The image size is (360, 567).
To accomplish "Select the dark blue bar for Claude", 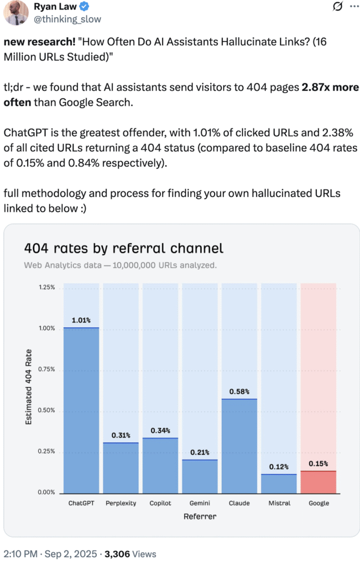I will pyautogui.click(x=239, y=446).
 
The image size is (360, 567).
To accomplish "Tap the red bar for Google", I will pyautogui.click(x=318, y=482).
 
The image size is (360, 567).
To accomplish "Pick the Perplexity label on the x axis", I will pyautogui.click(x=121, y=503).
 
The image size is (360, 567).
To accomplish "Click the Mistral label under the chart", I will pyautogui.click(x=279, y=503).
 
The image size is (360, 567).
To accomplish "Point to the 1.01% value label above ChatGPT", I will pyautogui.click(x=81, y=321).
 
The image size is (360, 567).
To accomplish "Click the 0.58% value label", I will pyautogui.click(x=239, y=392).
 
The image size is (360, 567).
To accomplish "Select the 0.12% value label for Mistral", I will pyautogui.click(x=279, y=467).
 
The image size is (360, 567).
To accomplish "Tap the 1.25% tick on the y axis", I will pyautogui.click(x=46, y=287).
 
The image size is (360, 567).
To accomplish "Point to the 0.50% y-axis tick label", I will pyautogui.click(x=46, y=410).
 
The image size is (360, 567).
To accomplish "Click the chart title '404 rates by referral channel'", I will pyautogui.click(x=123, y=248).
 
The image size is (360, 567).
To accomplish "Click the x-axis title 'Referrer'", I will pyautogui.click(x=200, y=516).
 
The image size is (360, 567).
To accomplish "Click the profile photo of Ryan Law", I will pyautogui.click(x=15, y=12).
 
